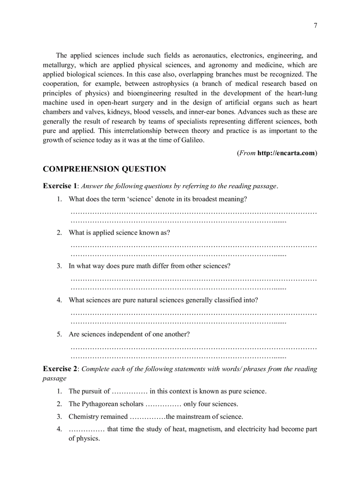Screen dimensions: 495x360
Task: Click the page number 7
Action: [315, 26]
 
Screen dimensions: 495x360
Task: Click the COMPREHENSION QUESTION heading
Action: [104, 169]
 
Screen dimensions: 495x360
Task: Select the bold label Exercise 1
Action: [60, 186]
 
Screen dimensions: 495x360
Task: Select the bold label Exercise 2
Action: [60, 369]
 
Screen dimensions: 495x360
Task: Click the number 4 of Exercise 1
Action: [59, 300]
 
